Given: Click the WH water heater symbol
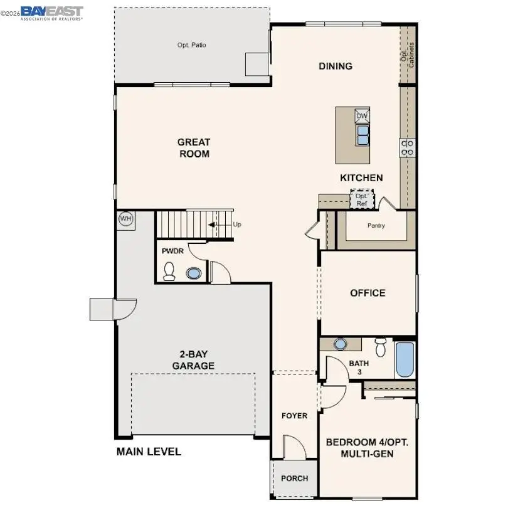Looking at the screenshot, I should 126,219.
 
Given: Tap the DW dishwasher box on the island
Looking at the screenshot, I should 362,116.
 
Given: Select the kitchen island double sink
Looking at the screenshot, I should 362,134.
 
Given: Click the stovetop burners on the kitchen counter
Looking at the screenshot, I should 408,147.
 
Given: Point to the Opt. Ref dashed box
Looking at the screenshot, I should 362,199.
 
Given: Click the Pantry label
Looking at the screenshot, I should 376,226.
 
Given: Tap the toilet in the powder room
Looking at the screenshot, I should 169,271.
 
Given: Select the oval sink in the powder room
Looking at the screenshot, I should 194,273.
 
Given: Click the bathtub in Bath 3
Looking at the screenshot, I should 405,359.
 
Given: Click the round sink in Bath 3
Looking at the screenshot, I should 340,344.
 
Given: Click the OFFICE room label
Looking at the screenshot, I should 368,293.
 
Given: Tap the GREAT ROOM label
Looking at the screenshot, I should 193,148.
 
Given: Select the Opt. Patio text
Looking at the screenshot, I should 191,45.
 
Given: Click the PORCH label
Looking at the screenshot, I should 294,479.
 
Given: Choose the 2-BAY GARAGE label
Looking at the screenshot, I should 193,360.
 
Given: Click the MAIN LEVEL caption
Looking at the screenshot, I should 149,452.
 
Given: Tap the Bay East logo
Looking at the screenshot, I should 51,13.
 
